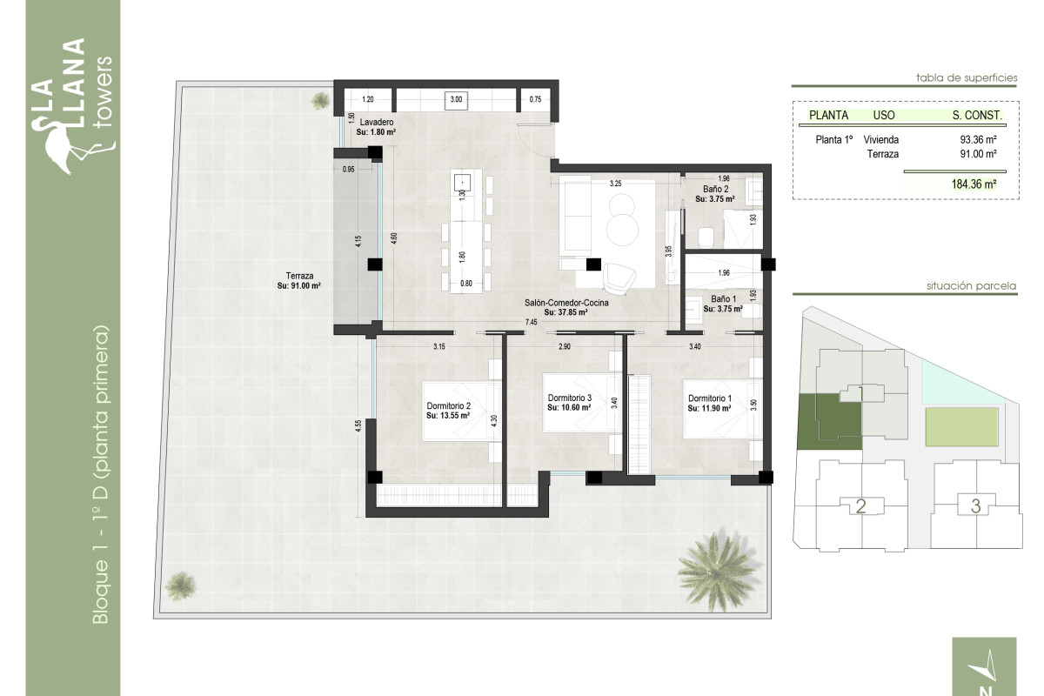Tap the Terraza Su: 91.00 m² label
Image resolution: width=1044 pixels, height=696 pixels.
299,280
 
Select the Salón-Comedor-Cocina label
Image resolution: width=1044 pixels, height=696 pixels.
565,307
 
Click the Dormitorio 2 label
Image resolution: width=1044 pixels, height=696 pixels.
448,411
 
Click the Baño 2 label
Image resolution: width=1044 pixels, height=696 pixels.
715,193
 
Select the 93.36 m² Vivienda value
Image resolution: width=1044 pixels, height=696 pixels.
978,139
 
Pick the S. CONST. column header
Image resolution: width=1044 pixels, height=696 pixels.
977,115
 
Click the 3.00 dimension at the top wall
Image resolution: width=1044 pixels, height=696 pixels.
456,100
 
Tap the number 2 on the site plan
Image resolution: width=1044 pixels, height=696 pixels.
860,506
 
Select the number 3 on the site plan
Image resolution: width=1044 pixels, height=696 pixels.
975,505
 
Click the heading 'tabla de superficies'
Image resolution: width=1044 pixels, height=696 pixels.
967,77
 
